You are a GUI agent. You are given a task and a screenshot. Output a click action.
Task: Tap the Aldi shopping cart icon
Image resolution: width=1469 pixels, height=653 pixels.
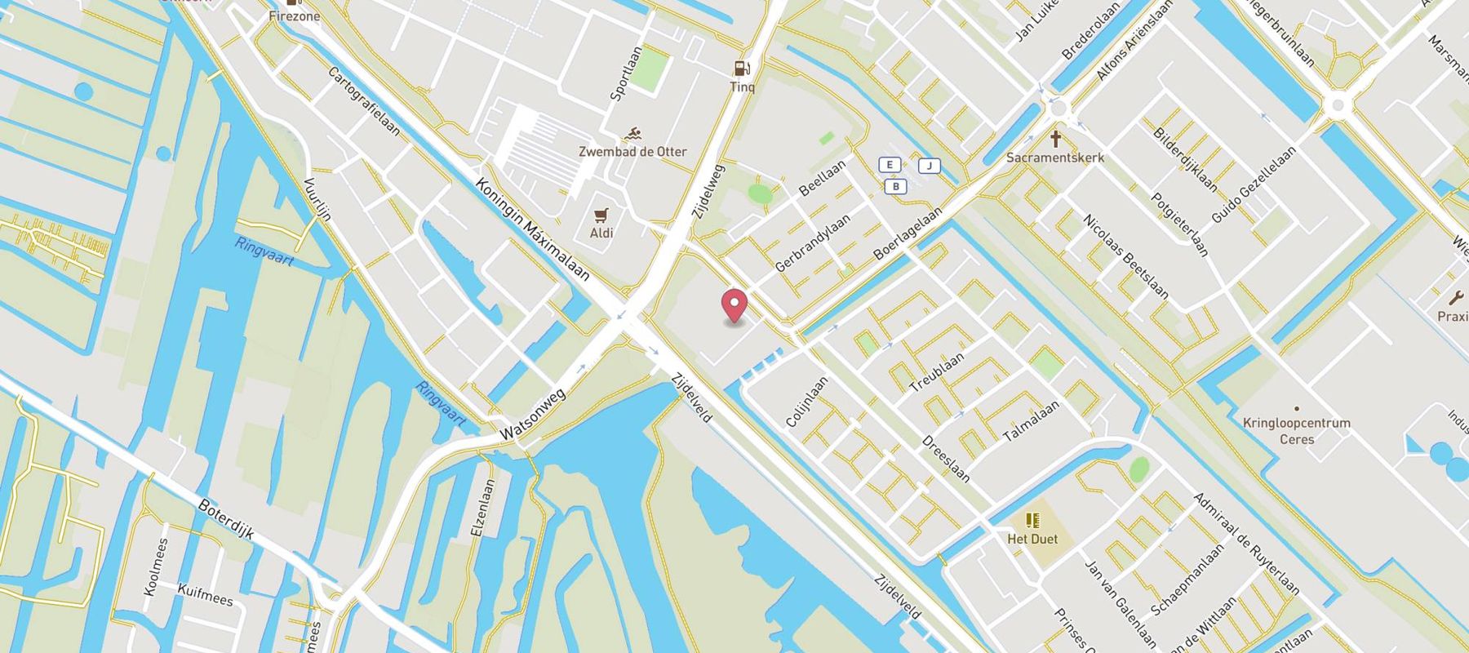coord(601,215)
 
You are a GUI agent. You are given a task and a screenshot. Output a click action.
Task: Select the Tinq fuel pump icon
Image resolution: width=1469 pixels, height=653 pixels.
coord(741,69)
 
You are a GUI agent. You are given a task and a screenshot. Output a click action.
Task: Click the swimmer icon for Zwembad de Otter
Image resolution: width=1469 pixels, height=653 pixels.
coord(632,134)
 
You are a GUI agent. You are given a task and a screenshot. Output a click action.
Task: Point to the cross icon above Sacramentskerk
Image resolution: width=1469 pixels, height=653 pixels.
coord(1055,139)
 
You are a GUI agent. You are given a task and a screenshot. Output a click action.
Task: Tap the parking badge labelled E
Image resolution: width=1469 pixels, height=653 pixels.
coord(889,165)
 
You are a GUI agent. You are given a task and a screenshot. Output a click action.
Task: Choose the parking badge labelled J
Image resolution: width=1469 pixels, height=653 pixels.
coord(929,167)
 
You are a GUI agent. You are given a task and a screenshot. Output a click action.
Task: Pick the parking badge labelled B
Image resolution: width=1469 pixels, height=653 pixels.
coord(895,187)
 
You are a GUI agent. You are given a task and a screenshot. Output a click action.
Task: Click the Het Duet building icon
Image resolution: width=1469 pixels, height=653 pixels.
coord(1032,520)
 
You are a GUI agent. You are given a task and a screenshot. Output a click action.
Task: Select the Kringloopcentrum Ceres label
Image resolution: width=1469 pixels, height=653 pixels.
coord(1296,431)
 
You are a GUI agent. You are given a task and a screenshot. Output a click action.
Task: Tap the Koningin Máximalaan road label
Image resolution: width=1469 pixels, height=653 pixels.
coord(532,229)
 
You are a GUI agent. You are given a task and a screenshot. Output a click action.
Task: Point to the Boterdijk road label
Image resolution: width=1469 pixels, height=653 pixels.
coord(226,519)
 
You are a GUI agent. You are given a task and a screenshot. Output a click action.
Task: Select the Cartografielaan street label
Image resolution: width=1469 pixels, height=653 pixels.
coord(364,101)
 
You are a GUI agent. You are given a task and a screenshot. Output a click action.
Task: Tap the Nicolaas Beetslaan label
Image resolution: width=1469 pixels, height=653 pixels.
coord(1125,256)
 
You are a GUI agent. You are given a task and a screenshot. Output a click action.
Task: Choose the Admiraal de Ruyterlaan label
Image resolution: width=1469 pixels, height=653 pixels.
coord(1245,543)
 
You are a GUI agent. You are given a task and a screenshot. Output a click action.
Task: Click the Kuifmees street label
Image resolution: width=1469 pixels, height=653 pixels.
coord(205,593)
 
